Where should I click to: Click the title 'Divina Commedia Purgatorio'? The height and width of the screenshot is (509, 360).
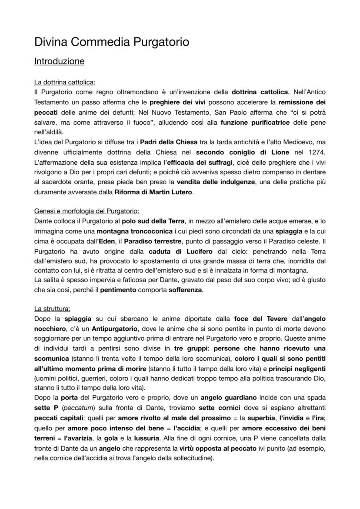tap(112, 42)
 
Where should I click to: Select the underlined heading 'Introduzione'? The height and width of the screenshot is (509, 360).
tap(59, 61)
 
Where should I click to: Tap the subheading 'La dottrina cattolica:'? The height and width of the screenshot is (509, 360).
tap(64, 82)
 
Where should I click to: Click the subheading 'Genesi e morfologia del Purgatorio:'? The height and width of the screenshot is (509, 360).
tap(87, 211)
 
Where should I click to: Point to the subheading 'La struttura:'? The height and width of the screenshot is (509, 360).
tap(52, 309)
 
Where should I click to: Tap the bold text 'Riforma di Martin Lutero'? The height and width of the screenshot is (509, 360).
tap(150, 192)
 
